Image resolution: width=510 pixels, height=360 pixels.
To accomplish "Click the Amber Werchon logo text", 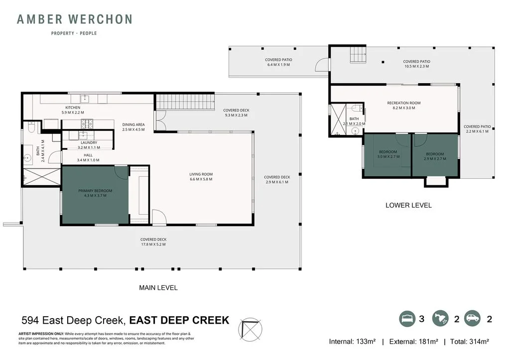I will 74,20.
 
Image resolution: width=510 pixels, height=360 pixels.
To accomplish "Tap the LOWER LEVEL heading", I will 408,205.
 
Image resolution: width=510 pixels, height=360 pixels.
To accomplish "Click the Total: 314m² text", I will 469,342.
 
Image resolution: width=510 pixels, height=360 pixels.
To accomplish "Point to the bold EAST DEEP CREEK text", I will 183,320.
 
